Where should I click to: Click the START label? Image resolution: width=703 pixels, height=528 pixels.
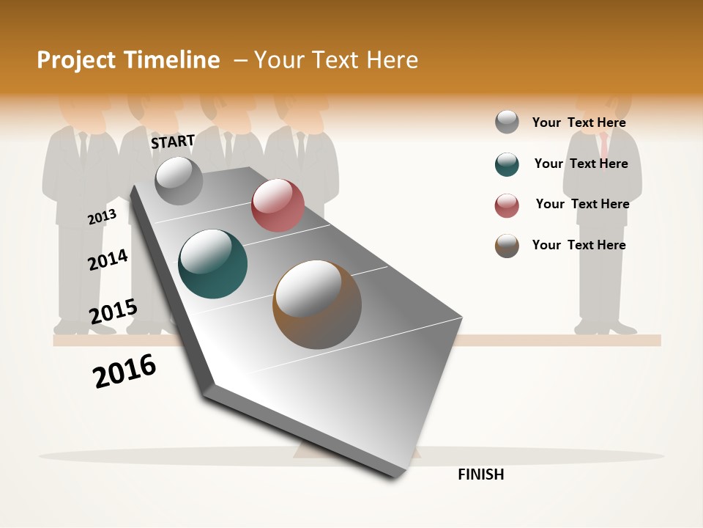pyautogui.click(x=173, y=142)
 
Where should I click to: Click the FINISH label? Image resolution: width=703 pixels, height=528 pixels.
pyautogui.click(x=480, y=474)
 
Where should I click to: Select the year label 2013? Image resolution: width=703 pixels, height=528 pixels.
pyautogui.click(x=103, y=216)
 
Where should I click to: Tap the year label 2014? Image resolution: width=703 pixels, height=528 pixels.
pyautogui.click(x=108, y=260)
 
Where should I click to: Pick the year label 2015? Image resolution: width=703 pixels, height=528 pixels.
pyautogui.click(x=114, y=312)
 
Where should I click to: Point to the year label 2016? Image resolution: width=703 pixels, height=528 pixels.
pyautogui.click(x=124, y=370)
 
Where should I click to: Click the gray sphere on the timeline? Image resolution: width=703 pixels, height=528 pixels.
pyautogui.click(x=179, y=180)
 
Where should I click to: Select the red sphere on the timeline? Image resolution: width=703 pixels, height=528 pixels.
pyautogui.click(x=278, y=205)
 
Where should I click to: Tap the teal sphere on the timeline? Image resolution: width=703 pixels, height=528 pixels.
pyautogui.click(x=213, y=264)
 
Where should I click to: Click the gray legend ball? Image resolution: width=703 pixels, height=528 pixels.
pyautogui.click(x=507, y=122)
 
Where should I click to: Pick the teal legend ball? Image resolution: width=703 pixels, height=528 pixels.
pyautogui.click(x=507, y=164)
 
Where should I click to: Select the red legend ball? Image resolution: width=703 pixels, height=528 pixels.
pyautogui.click(x=507, y=205)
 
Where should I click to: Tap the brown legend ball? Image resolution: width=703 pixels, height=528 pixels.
pyautogui.click(x=507, y=246)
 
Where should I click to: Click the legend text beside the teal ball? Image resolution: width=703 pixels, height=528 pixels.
pyautogui.click(x=581, y=164)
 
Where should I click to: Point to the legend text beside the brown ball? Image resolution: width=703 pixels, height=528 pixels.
pyautogui.click(x=579, y=245)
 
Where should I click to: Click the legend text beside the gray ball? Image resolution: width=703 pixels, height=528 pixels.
pyautogui.click(x=579, y=122)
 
